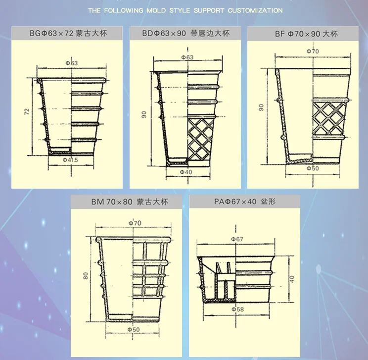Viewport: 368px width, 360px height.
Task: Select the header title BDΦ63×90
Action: (x=185, y=34)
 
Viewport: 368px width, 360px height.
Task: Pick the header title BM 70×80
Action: (x=130, y=202)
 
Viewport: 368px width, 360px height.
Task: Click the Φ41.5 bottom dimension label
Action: (x=72, y=160)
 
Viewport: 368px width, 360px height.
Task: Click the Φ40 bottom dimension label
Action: (x=187, y=172)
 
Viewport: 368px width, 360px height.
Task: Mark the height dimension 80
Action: (x=86, y=276)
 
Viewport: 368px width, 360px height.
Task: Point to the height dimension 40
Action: (x=292, y=279)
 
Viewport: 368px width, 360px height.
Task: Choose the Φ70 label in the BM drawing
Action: (x=135, y=223)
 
